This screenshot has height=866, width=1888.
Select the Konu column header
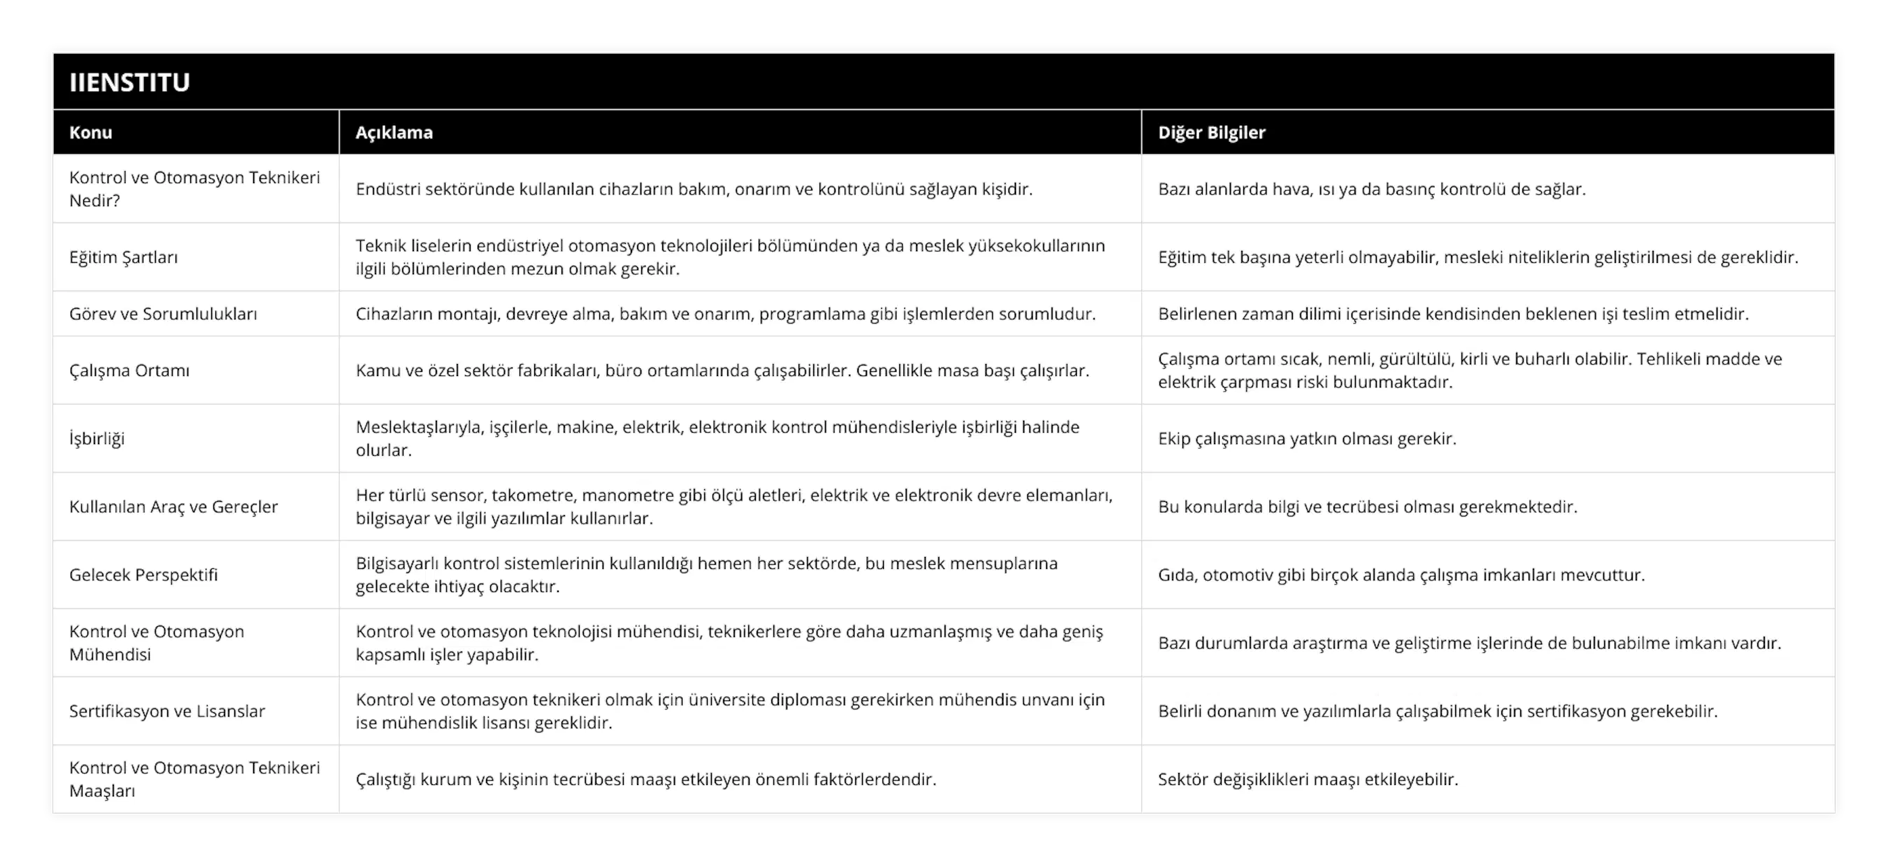coord(91,133)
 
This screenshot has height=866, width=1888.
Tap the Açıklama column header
coord(394,133)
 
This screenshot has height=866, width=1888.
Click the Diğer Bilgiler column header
coord(1212,133)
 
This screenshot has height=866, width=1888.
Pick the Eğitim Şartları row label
coord(123,257)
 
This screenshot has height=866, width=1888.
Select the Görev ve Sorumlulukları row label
coord(163,314)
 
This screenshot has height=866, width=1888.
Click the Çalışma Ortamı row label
coord(129,370)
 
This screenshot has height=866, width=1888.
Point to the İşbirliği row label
coord(96,439)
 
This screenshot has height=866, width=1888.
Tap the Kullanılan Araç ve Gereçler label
coord(173,507)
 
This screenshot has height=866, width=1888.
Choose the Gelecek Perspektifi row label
coord(143,575)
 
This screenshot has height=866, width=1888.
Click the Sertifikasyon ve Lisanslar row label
coord(167,712)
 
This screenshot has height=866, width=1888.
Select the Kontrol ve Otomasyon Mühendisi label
coord(157,642)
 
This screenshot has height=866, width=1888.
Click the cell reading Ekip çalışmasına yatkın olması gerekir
coord(1307,439)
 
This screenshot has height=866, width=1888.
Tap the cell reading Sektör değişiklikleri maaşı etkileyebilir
coord(1308,779)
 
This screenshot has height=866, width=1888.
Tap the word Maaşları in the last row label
coord(102,791)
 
